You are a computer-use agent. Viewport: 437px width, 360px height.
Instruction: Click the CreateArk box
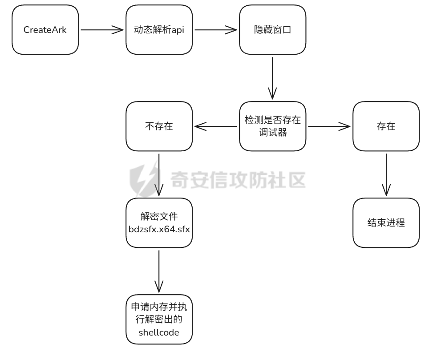pos(45,31)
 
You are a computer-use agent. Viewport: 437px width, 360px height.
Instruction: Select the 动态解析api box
pos(159,31)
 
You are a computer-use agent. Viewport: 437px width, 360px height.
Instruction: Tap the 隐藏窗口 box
pos(272,31)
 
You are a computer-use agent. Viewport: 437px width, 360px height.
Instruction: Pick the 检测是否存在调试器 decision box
pos(272,126)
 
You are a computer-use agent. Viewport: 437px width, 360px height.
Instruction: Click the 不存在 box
pos(159,126)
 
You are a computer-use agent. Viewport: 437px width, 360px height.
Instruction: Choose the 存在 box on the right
pos(386,126)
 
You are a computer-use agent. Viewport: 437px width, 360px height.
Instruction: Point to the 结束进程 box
pos(386,222)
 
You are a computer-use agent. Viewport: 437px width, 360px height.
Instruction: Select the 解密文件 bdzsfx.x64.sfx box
pos(159,222)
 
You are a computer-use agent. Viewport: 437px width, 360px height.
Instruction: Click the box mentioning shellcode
pos(159,319)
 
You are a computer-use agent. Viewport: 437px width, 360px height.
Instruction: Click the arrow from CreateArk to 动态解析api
pos(101,31)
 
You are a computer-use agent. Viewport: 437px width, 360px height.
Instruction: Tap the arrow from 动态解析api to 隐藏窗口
pos(215,31)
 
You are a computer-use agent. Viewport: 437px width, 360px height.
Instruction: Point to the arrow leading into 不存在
pos(215,126)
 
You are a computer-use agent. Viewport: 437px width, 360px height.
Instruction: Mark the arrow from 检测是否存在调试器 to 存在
pos(329,126)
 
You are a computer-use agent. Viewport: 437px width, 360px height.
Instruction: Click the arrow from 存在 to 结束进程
pos(386,174)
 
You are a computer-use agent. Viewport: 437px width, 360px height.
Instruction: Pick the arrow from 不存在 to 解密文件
pos(159,174)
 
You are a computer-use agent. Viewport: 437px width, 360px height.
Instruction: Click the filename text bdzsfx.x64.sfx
pos(159,230)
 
